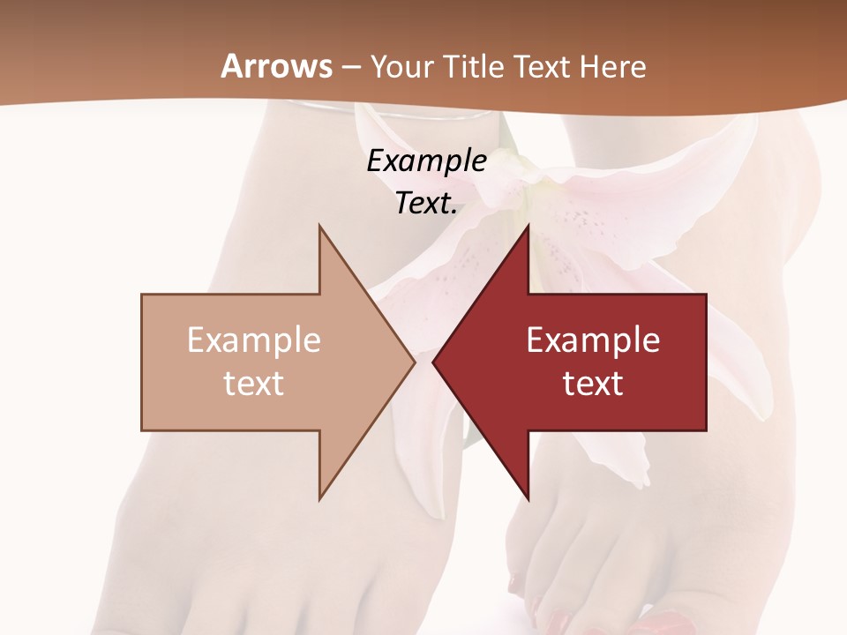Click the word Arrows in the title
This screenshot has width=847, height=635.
click(276, 66)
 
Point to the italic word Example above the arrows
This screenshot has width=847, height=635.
click(427, 161)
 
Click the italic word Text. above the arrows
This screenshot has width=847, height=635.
click(427, 203)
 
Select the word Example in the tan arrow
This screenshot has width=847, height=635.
click(254, 340)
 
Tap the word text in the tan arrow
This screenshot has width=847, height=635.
click(254, 384)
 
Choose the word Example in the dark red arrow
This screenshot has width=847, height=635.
click(593, 340)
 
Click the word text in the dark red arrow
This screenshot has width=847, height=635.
click(593, 384)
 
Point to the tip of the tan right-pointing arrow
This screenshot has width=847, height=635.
click(415, 362)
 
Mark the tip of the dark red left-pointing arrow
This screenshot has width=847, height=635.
click(433, 362)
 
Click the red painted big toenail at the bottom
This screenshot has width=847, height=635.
click(657, 623)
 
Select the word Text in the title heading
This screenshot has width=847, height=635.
click(542, 66)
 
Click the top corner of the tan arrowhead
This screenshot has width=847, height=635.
click(319, 226)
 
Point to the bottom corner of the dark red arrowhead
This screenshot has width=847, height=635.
click(528, 500)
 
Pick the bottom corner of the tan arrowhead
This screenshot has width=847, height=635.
click(319, 500)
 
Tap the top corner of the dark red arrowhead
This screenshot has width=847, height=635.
click(528, 226)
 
